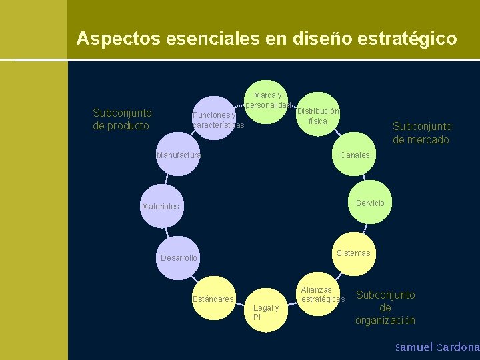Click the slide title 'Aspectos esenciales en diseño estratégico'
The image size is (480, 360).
click(x=267, y=38)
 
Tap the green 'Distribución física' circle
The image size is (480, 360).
click(x=319, y=113)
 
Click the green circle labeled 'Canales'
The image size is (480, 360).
click(x=353, y=155)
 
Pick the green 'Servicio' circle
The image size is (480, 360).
click(x=369, y=202)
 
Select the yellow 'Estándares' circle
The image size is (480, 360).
click(x=213, y=298)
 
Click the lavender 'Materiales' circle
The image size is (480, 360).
click(x=161, y=206)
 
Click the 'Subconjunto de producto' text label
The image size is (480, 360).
click(x=122, y=119)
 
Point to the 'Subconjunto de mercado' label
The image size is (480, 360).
click(x=421, y=133)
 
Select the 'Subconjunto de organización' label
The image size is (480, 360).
click(x=385, y=307)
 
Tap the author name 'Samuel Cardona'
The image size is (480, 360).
click(x=437, y=347)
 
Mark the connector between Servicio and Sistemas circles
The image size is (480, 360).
click(x=364, y=228)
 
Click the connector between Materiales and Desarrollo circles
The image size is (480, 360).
click(x=167, y=231)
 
